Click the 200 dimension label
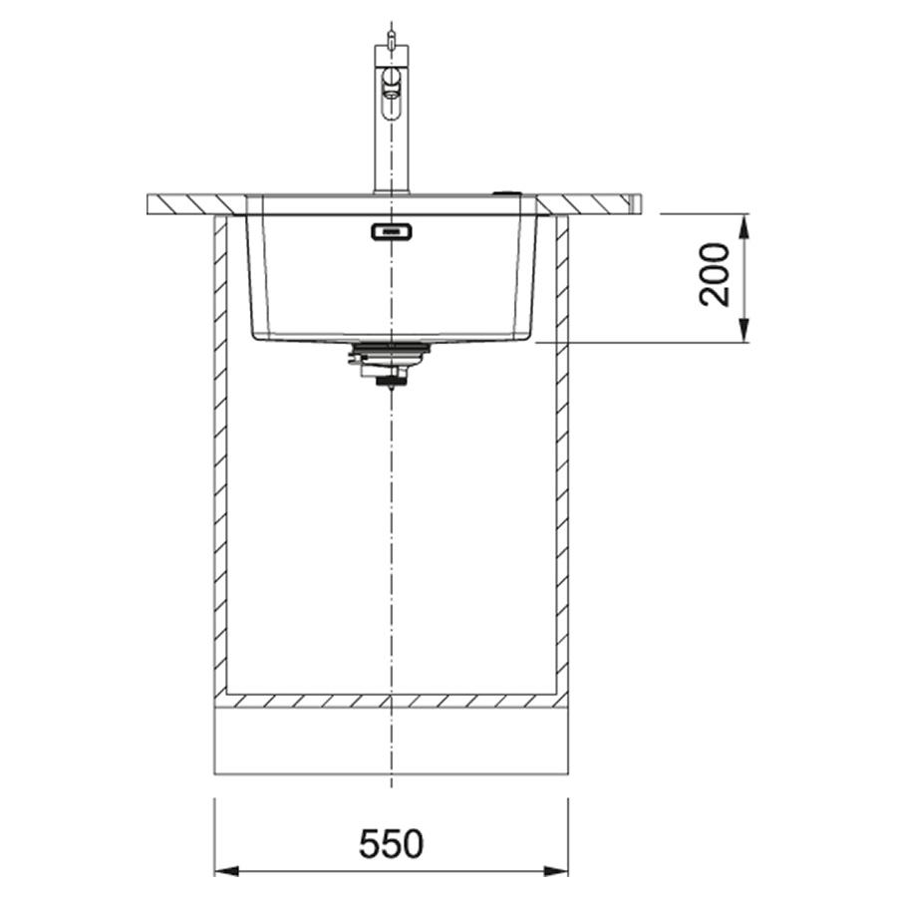pyautogui.click(x=715, y=275)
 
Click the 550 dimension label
pyautogui.click(x=392, y=843)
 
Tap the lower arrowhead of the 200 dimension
pyautogui.click(x=744, y=332)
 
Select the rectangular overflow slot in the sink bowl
pyautogui.click(x=392, y=231)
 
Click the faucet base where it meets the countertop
pyautogui.click(x=392, y=192)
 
